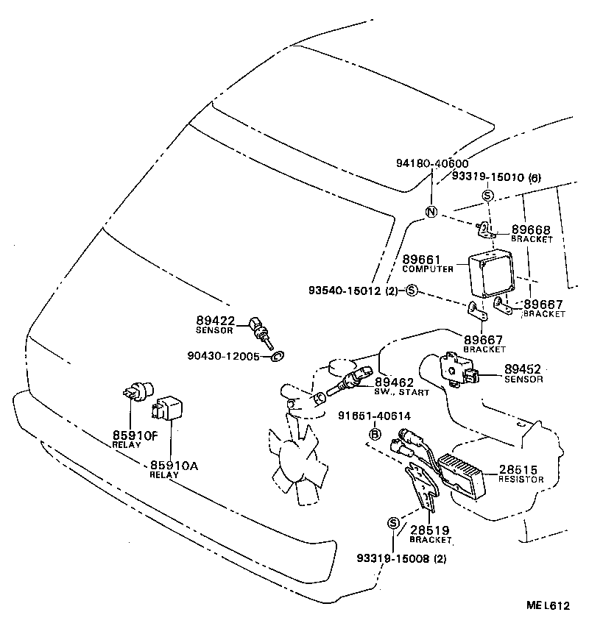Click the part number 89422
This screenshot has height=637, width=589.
[215, 320]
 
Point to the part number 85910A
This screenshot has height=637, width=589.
[174, 465]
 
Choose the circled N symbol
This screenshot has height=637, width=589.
[431, 213]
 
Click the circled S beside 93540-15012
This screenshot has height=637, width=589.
[412, 291]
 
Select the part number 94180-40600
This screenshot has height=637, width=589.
[431, 163]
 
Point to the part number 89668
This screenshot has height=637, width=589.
[531, 230]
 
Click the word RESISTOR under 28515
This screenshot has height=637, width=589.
[521, 480]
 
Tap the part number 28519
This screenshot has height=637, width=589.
[430, 530]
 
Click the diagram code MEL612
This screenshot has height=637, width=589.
[548, 606]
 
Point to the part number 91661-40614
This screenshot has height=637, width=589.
[374, 417]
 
